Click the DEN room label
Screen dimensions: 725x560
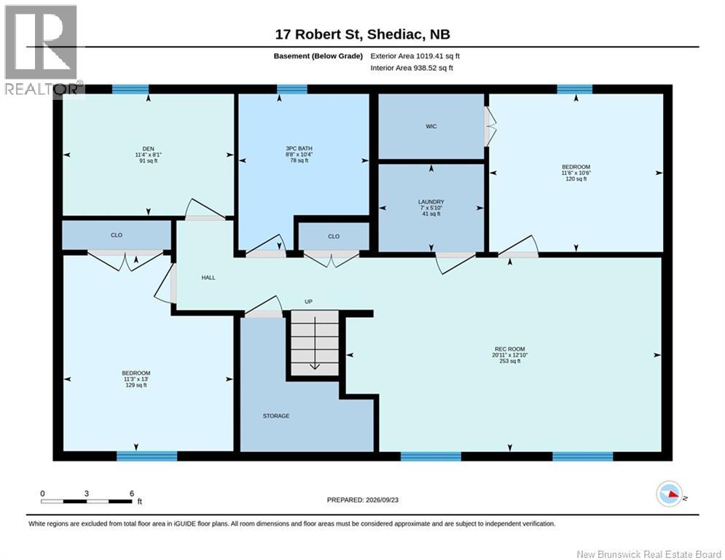(x=148, y=149)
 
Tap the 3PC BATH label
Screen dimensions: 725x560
(x=299, y=148)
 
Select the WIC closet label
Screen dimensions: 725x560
(x=431, y=126)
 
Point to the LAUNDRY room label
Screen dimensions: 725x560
(x=431, y=202)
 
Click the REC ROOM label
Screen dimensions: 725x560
(x=509, y=349)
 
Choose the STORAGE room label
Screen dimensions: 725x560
(x=276, y=416)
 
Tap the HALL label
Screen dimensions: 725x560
(x=208, y=278)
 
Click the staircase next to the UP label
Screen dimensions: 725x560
(x=315, y=343)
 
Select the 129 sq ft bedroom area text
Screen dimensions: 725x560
(x=136, y=385)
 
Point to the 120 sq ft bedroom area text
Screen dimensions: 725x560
(x=576, y=179)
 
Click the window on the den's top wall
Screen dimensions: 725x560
(x=130, y=89)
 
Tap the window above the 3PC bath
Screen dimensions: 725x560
(x=292, y=89)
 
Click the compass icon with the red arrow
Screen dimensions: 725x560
(x=669, y=494)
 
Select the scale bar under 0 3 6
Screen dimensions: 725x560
(x=87, y=501)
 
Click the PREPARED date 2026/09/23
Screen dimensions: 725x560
(x=363, y=499)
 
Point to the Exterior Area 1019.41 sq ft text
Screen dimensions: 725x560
(x=415, y=56)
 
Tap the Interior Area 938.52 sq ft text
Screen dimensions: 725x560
(x=412, y=68)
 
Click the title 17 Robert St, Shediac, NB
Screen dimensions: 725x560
(x=363, y=34)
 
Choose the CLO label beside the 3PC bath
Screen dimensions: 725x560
(x=334, y=236)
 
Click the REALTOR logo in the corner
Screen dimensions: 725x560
(x=43, y=50)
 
